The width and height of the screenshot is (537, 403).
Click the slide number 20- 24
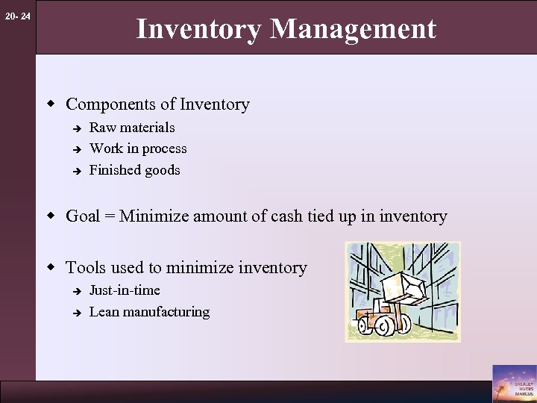[16, 16]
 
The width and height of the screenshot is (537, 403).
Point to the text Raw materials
[132, 128]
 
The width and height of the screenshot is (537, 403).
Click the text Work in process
[138, 149]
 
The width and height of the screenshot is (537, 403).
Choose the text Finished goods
[134, 170]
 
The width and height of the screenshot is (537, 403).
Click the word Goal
[83, 217]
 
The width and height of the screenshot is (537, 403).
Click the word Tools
[87, 267]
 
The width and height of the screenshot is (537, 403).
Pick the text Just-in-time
[125, 290]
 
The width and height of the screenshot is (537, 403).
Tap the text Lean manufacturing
[149, 312]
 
